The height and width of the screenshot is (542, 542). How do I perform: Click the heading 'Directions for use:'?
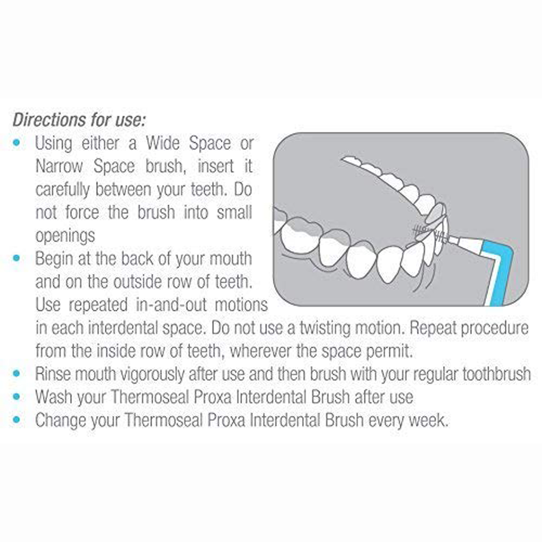79,120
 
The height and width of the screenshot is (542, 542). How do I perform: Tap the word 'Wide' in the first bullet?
163,144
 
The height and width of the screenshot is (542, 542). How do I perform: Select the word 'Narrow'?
59,167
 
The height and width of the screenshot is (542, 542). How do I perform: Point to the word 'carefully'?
62,190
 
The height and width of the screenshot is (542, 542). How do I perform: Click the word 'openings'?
65,236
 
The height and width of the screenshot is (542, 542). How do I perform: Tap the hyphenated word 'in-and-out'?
171,305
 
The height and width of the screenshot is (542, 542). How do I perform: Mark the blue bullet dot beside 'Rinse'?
17,374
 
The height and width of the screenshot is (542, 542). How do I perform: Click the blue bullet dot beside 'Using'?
17,143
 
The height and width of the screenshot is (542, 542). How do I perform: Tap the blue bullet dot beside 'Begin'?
17,258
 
